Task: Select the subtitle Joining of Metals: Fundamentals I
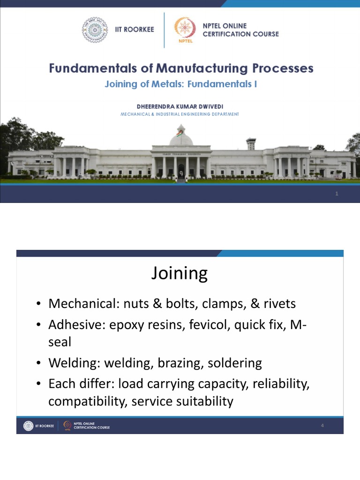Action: coord(180,84)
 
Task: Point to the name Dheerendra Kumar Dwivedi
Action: coord(180,106)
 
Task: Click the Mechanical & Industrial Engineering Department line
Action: coord(180,114)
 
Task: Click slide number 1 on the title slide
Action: coord(337,194)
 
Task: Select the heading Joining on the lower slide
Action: coord(180,273)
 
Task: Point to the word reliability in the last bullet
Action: coord(281,384)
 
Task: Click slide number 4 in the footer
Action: coord(322,426)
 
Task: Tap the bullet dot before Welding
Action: coord(40,363)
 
